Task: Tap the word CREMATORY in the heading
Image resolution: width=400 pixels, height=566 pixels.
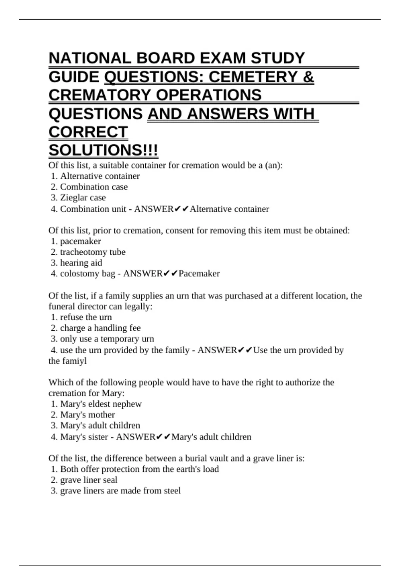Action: coord(100,95)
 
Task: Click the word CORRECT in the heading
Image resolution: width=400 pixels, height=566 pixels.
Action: coord(88,132)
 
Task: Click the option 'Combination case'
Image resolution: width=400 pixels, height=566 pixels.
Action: coord(94,187)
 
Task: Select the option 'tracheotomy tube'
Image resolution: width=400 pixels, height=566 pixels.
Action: coord(93,252)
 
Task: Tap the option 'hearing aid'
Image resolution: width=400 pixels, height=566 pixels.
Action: coord(81,263)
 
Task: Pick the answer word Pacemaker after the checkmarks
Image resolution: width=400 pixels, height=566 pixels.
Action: coord(199,274)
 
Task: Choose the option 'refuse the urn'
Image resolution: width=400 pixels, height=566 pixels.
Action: coord(86,317)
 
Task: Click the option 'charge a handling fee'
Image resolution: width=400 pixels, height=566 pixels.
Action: coord(100,328)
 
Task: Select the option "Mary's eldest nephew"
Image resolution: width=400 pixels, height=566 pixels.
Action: coord(101,404)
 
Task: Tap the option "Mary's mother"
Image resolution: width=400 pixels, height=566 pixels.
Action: coord(87,415)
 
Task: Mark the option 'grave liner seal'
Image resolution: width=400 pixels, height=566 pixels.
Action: coord(89,480)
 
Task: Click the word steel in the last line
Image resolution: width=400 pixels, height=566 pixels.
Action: coord(173,491)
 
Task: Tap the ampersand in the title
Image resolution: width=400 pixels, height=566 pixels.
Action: coord(308,77)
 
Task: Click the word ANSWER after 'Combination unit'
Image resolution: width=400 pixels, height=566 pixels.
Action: coord(154,209)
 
